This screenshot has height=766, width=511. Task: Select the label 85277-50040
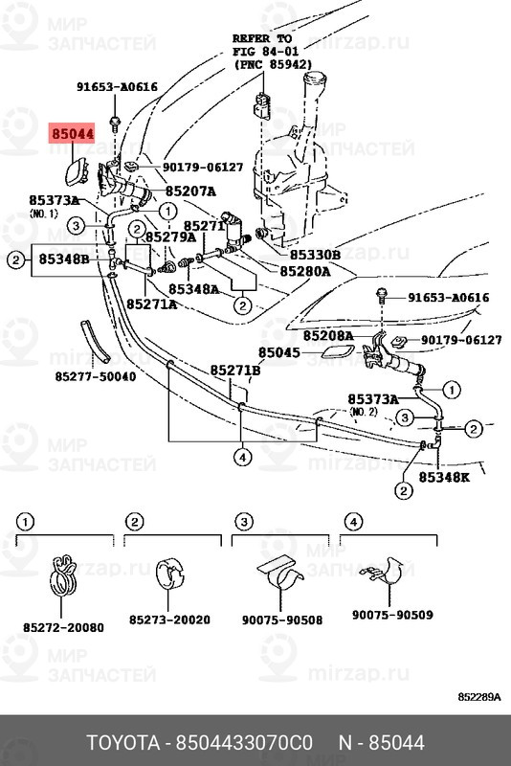(95, 376)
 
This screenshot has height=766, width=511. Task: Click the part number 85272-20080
(63, 627)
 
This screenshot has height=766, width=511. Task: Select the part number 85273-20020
(169, 620)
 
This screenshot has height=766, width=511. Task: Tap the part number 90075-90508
(281, 620)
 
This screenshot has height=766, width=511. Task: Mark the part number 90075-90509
(392, 615)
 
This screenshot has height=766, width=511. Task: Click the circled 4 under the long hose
(243, 458)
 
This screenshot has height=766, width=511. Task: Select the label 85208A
(328, 337)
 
